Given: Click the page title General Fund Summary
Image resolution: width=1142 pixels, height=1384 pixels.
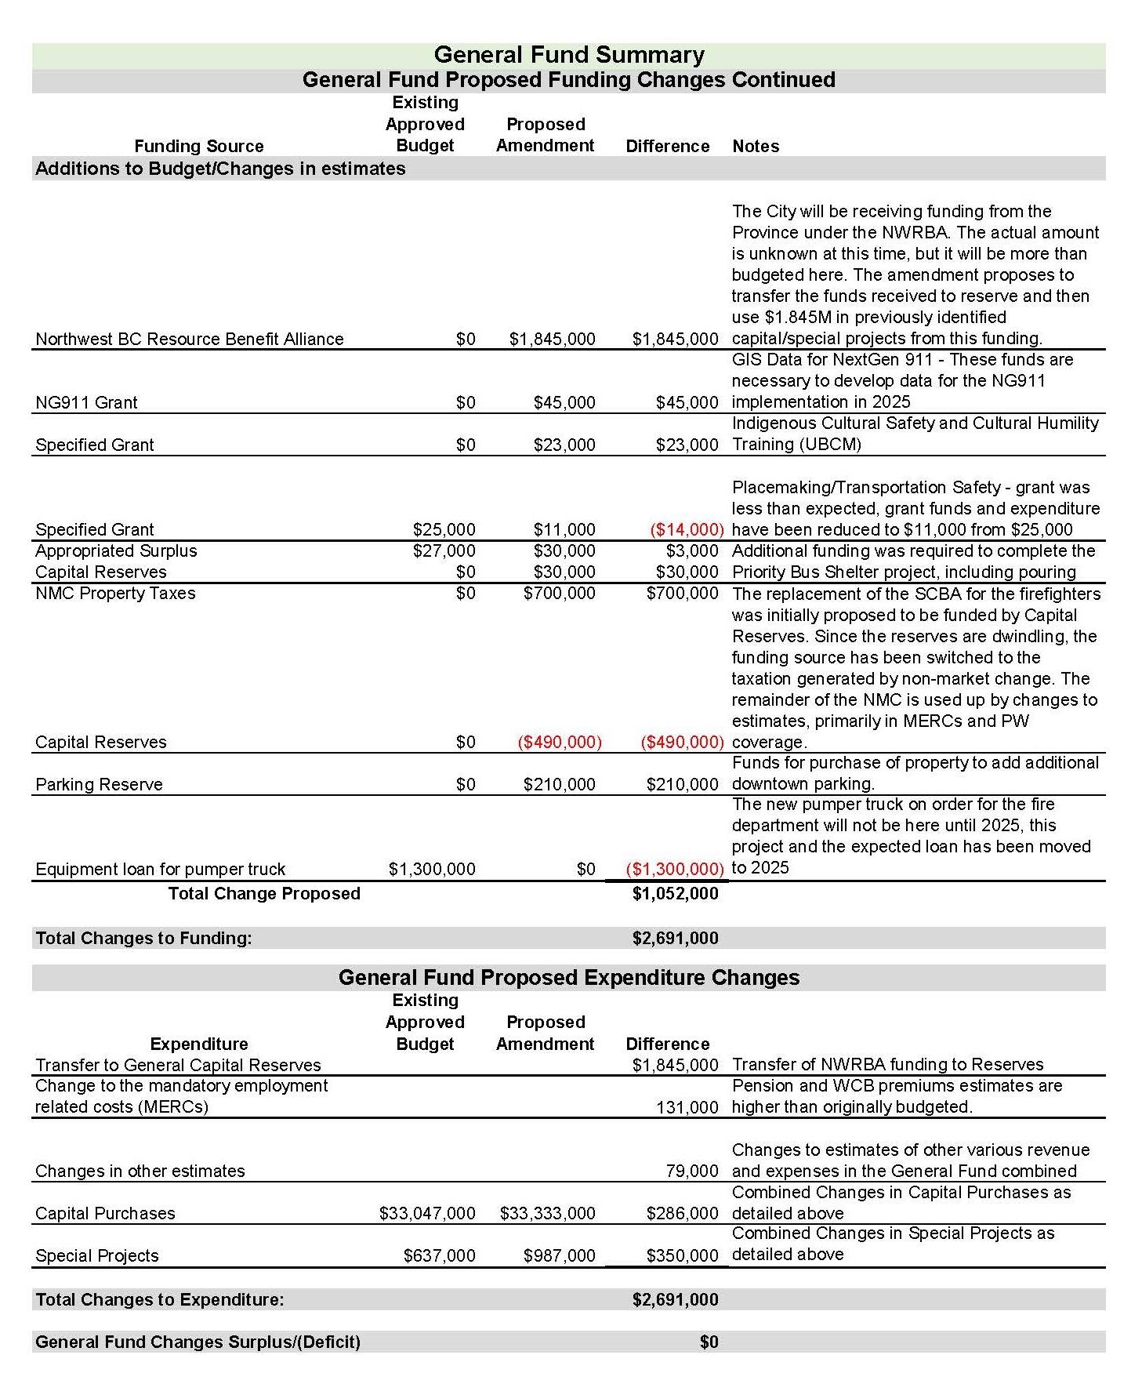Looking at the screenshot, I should (x=568, y=55).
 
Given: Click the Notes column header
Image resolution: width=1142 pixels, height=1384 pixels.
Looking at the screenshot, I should (x=755, y=146).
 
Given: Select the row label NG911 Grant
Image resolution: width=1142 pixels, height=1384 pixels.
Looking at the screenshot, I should (x=86, y=403).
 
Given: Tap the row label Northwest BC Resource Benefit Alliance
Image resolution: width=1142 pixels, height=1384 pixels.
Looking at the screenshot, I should (x=189, y=340).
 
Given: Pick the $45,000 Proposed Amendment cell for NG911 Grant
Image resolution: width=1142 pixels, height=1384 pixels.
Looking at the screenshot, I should (x=564, y=403).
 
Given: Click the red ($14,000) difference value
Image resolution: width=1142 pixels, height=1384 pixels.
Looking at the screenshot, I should (x=686, y=530).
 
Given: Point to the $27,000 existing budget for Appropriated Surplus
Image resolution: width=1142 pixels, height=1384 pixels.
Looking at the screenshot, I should (x=444, y=551).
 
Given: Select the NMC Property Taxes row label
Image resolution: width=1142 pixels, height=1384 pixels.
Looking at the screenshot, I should (x=115, y=594).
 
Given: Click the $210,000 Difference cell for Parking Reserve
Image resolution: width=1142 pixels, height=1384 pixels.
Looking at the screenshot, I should (x=681, y=784).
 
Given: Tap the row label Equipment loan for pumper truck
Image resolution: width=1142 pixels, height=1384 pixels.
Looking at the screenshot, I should (x=160, y=869).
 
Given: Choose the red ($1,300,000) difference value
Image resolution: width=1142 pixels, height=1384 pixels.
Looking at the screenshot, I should (x=674, y=869).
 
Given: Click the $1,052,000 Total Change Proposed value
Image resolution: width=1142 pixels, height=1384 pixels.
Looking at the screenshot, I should (x=674, y=894).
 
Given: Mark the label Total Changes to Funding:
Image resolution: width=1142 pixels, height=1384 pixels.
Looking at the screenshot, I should (x=143, y=939).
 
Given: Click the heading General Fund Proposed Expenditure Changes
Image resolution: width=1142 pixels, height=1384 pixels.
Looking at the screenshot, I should (x=568, y=978).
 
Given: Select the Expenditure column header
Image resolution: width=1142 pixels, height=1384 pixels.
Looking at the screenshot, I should (x=198, y=1044).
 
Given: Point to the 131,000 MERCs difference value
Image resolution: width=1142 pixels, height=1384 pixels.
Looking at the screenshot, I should (x=687, y=1107).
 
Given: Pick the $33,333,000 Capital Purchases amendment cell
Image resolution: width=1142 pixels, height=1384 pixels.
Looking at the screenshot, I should (x=547, y=1214).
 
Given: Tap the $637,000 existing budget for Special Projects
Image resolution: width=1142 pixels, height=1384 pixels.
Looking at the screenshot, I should (x=439, y=1256).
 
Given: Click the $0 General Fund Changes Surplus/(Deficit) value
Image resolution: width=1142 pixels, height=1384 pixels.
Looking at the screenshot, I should (x=709, y=1342).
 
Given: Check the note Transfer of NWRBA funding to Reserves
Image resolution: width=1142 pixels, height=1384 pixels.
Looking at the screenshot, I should (x=887, y=1065).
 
